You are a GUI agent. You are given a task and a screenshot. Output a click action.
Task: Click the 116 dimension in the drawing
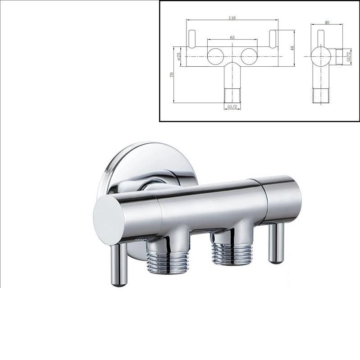point(232,18)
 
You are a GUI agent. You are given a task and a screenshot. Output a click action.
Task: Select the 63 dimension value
point(232,37)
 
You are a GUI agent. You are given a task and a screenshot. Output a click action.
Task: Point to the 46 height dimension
point(292,48)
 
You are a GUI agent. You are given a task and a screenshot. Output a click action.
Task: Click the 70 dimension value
point(172,75)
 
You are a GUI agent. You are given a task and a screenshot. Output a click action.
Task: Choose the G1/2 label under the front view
point(232,106)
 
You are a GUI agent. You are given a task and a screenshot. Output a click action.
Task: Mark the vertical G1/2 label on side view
point(349,56)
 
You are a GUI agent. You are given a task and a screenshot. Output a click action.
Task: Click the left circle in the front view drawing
point(215,56)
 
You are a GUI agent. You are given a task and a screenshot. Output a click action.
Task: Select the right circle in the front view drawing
point(249,56)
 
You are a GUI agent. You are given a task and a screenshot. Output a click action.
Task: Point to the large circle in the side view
point(321,56)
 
